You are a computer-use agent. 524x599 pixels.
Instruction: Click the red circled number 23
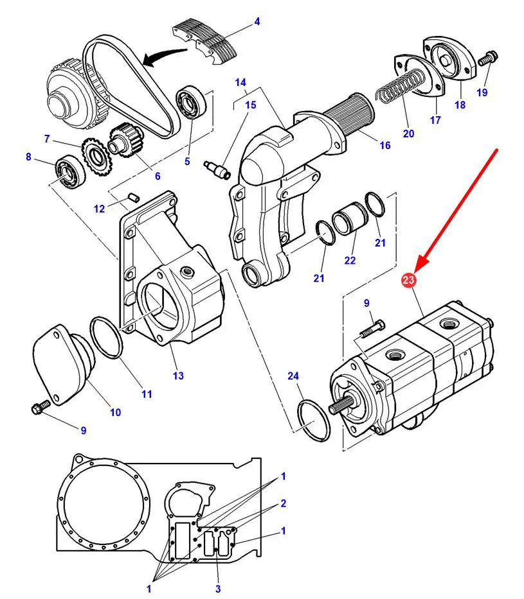click(408, 280)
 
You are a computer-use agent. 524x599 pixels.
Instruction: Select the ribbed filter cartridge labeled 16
click(347, 116)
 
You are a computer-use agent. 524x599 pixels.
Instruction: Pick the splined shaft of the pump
click(341, 406)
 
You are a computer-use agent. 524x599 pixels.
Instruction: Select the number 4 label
click(257, 21)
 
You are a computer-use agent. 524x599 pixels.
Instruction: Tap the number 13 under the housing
click(178, 375)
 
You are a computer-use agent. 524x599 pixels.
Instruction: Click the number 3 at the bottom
click(218, 589)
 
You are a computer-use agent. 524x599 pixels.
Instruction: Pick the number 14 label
click(240, 82)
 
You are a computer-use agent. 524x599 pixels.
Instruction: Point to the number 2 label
click(283, 503)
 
